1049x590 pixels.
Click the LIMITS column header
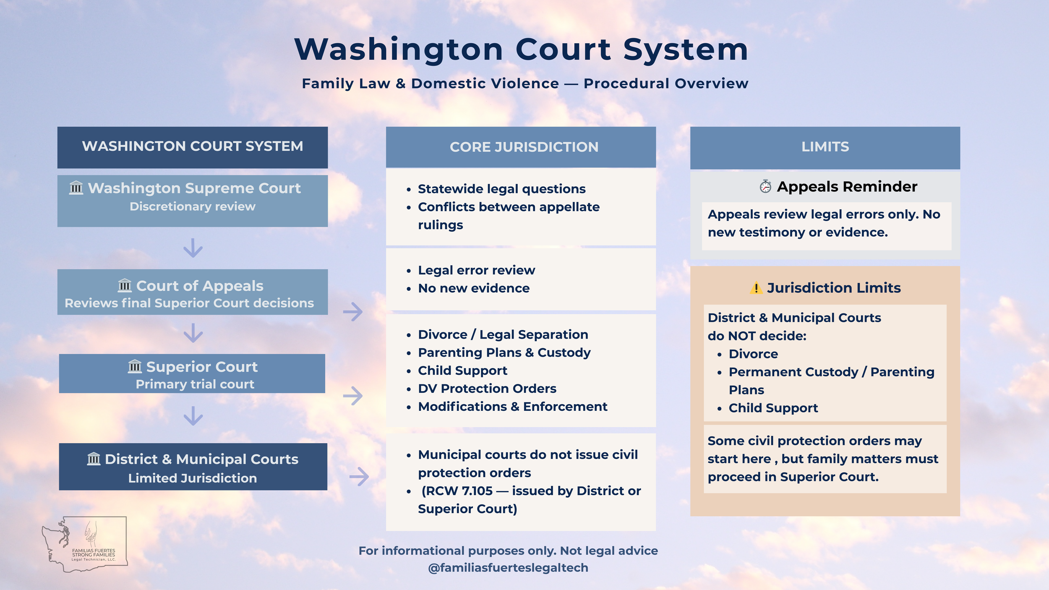coord(825,147)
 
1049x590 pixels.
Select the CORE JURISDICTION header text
coord(524,147)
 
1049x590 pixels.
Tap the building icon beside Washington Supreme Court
coord(76,188)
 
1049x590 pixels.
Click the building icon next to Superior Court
coord(135,366)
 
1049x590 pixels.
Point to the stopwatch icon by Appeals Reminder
coord(765,186)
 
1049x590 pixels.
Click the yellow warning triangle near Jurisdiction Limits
coord(756,288)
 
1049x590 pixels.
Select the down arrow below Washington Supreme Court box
coord(193,248)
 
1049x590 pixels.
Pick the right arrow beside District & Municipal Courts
coord(359,476)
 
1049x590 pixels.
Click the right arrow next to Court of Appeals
coord(353,312)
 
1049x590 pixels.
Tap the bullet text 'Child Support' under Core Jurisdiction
coord(462,371)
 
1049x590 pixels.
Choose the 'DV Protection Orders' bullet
coord(487,389)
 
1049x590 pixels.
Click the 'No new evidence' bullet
coord(474,288)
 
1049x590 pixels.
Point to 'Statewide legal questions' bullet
coord(501,189)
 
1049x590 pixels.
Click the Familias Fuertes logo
coord(85,544)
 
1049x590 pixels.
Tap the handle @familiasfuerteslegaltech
coord(508,568)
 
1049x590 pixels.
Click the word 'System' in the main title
coord(686,50)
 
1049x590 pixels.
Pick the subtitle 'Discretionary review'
coord(192,206)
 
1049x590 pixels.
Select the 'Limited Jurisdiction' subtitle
coord(192,478)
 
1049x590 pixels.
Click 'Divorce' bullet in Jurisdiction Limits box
coord(753,354)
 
